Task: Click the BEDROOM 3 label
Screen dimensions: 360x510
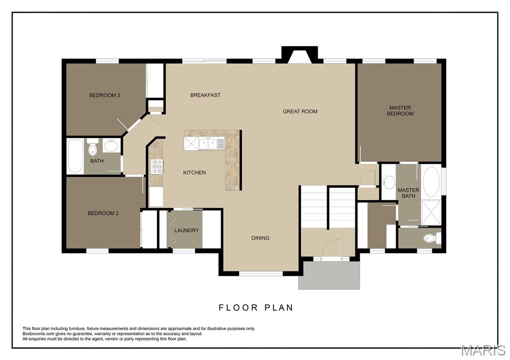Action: click(105, 95)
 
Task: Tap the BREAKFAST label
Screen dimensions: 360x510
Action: click(205, 95)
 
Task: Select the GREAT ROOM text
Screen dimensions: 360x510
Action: click(300, 112)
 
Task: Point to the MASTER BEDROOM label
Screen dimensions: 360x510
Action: click(401, 111)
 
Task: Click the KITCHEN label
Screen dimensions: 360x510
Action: click(194, 173)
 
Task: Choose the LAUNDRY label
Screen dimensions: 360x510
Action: click(186, 231)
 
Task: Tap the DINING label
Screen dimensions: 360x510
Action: click(260, 238)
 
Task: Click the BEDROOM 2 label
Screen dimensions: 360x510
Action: click(103, 213)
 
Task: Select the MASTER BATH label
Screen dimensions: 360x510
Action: click(408, 193)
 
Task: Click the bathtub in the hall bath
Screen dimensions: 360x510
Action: click(75, 156)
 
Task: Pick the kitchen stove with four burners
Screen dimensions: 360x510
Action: click(157, 166)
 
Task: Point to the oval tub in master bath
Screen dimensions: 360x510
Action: click(431, 182)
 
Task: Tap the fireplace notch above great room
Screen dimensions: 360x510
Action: click(299, 54)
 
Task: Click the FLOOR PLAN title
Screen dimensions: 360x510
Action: click(256, 308)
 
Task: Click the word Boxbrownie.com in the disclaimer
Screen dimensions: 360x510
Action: click(39, 334)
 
